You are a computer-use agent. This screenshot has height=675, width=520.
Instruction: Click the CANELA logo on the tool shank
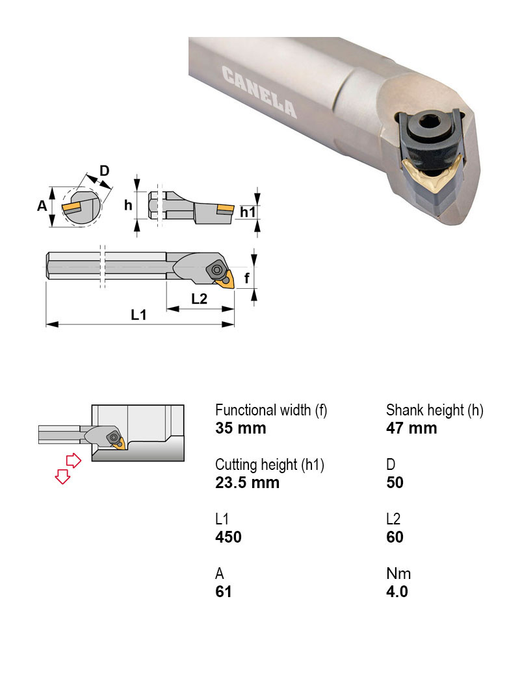259,93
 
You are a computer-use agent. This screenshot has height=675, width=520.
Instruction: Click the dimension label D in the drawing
105,171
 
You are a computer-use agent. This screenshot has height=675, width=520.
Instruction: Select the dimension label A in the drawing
42,206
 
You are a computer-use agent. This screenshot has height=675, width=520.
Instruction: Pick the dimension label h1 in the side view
248,212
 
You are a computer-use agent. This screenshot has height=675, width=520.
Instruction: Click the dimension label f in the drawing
246,278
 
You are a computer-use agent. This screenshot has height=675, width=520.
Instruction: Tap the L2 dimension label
199,299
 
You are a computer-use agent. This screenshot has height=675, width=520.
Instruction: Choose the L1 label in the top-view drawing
139,315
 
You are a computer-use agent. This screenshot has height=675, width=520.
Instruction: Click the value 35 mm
240,428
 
